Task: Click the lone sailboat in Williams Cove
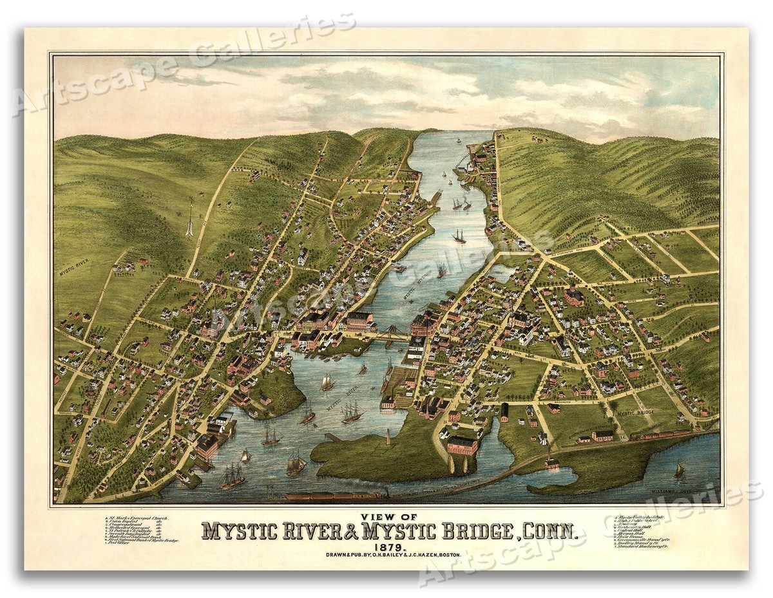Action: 679,471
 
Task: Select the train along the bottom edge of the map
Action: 335,496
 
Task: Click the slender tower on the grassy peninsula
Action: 388,437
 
